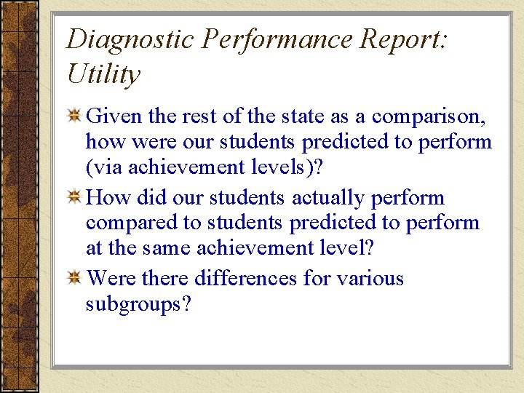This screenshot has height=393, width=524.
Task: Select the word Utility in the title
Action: [103, 74]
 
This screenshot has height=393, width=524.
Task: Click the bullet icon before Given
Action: [74, 116]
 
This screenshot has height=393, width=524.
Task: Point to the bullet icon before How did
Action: [74, 197]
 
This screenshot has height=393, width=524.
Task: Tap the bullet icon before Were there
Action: [74, 279]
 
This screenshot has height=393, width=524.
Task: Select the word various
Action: [368, 278]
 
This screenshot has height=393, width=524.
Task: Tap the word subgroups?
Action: [138, 304]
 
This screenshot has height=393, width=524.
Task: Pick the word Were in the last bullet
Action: [111, 278]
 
